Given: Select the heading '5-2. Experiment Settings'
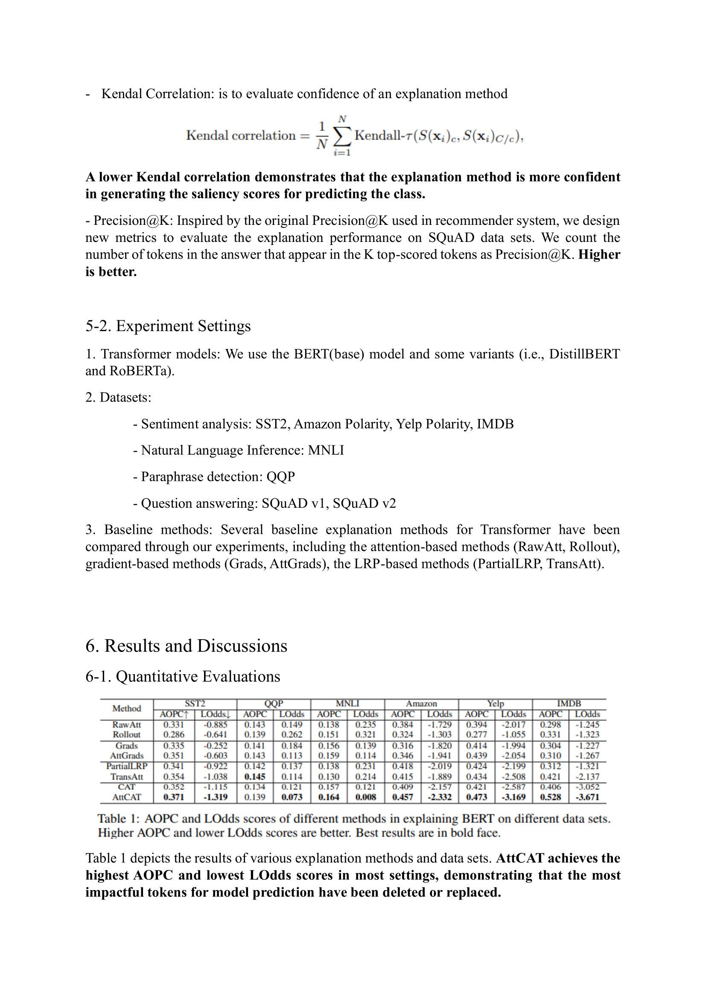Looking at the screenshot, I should (168, 326).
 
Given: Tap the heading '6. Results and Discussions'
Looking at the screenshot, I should (186, 646).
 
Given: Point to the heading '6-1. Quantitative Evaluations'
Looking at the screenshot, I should (183, 676).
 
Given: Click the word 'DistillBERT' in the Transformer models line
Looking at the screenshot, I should (584, 354).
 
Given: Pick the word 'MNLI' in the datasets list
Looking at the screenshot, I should (326, 450).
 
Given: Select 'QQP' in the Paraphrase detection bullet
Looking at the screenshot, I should (281, 477).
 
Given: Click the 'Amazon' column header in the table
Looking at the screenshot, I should (421, 704).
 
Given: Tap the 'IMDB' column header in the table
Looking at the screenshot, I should (569, 704).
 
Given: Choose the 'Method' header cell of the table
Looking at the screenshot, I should (126, 709).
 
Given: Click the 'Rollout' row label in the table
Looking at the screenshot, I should (126, 735).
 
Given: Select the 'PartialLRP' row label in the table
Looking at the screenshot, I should (126, 766).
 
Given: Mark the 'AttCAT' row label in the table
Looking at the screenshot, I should (126, 797).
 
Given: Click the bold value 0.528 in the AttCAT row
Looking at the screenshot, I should (550, 797).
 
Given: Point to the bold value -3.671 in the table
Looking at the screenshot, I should (587, 797).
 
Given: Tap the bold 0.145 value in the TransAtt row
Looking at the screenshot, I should (255, 776).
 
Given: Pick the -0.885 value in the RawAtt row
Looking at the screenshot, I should (215, 724).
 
